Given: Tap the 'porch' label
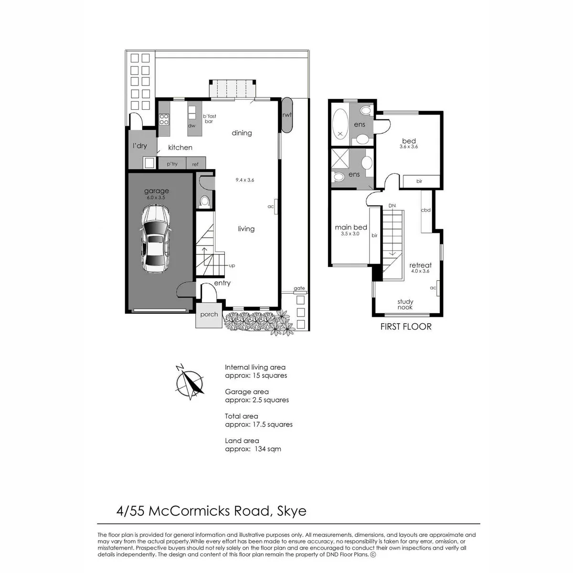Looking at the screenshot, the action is click(x=209, y=314).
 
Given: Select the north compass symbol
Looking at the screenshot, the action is click(x=190, y=382).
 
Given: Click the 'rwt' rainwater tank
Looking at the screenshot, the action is click(x=287, y=115).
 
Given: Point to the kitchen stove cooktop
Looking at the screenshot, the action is click(x=164, y=119).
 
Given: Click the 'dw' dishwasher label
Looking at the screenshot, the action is click(x=191, y=126).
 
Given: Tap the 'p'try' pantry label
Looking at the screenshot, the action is click(x=172, y=164).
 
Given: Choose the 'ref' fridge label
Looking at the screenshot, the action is click(x=195, y=164).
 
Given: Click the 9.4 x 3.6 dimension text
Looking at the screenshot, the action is click(x=245, y=180).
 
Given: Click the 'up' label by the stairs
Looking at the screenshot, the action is click(x=232, y=265).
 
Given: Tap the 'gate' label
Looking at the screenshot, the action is click(x=299, y=288).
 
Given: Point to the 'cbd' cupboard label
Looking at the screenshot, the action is click(x=425, y=210).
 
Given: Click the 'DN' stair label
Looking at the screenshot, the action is click(x=392, y=206).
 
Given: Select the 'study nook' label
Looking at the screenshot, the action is click(x=405, y=304).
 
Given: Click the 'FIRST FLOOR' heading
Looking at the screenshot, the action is click(x=406, y=327).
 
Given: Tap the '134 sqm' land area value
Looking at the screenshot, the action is click(x=267, y=449).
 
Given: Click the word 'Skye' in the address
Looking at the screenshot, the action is click(x=291, y=511).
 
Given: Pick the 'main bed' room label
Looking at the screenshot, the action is click(x=351, y=227).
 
